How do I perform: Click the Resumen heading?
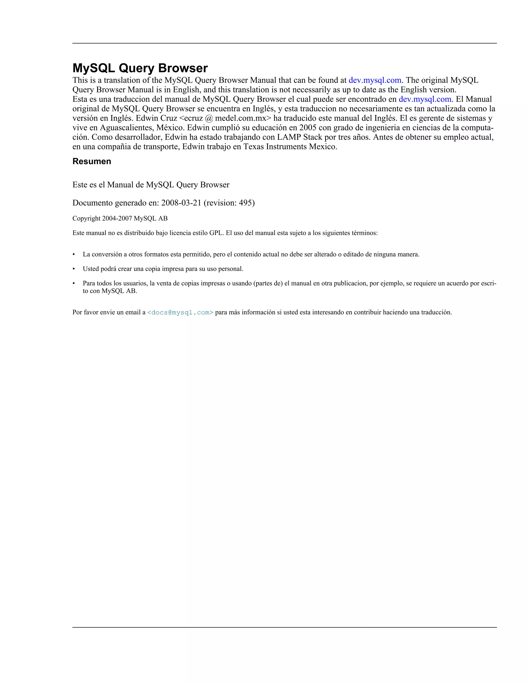(x=92, y=161)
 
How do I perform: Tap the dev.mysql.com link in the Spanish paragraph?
(x=425, y=99)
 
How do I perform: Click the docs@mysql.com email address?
(x=180, y=312)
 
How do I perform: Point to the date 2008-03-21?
(x=181, y=203)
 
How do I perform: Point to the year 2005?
(x=308, y=128)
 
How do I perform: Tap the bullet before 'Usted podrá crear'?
(x=74, y=269)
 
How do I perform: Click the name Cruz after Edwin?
(x=169, y=119)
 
